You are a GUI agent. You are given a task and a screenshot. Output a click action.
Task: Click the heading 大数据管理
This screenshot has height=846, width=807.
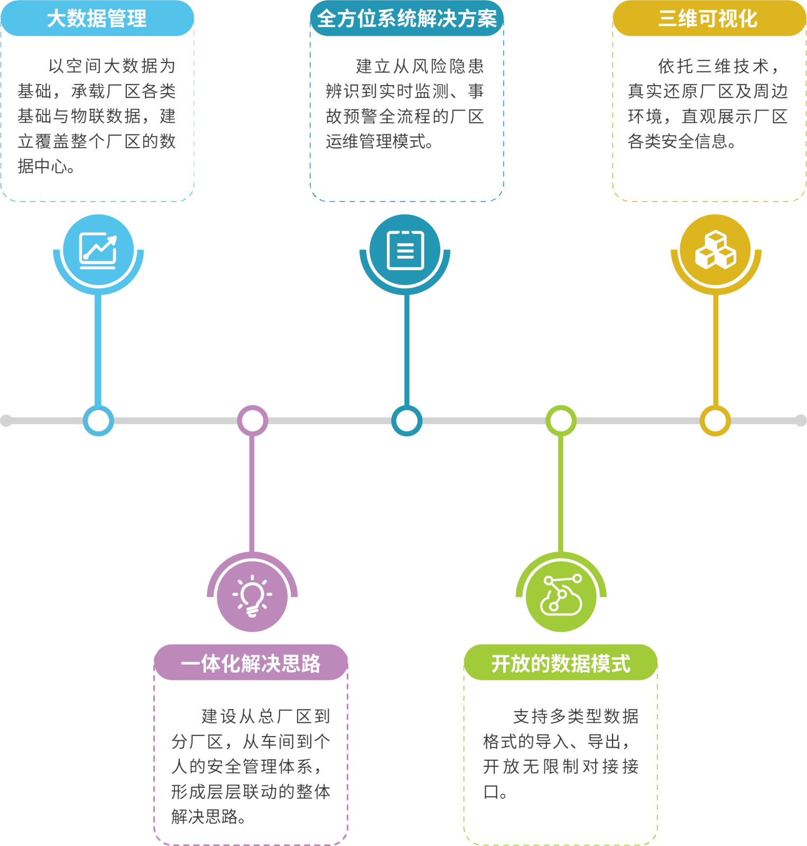coord(97,19)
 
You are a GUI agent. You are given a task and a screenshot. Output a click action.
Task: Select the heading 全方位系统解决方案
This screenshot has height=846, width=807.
coord(406,19)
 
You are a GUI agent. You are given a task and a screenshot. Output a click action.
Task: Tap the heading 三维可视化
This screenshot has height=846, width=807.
coord(708,19)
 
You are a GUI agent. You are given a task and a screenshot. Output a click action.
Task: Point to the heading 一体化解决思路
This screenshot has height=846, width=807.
coord(251,663)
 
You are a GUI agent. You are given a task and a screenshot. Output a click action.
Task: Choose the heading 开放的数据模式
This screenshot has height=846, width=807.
coord(561,663)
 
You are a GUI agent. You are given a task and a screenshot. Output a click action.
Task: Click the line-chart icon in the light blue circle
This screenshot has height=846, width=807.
coord(98,250)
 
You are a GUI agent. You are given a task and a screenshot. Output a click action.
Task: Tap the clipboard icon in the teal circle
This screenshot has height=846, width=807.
coord(405,250)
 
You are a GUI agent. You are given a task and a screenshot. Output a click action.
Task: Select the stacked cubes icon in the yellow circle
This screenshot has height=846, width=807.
coord(715,250)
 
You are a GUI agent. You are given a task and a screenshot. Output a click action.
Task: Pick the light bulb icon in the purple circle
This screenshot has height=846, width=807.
coord(252,596)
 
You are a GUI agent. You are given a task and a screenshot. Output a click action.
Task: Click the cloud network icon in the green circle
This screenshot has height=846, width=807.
coord(561,596)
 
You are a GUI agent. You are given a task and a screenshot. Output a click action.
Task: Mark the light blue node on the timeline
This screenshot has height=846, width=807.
coord(98,421)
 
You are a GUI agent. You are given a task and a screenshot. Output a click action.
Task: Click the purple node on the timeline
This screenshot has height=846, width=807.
coord(252,421)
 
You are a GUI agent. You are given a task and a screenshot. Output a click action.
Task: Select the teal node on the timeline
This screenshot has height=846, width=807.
coord(406,421)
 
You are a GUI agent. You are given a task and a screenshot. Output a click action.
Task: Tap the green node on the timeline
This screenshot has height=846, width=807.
coord(561,421)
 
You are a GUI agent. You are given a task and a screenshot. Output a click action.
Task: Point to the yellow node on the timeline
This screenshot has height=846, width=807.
coord(715,421)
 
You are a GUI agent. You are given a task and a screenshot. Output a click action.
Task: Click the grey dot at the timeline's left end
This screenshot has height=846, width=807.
coord(6,421)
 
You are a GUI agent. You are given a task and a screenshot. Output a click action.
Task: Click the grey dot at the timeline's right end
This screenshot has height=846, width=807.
coord(801,421)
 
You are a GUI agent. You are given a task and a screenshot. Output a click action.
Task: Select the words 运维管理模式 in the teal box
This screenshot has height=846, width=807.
coord(376,141)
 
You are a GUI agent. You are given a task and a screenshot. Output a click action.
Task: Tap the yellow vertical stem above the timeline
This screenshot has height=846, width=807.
coord(716,349)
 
